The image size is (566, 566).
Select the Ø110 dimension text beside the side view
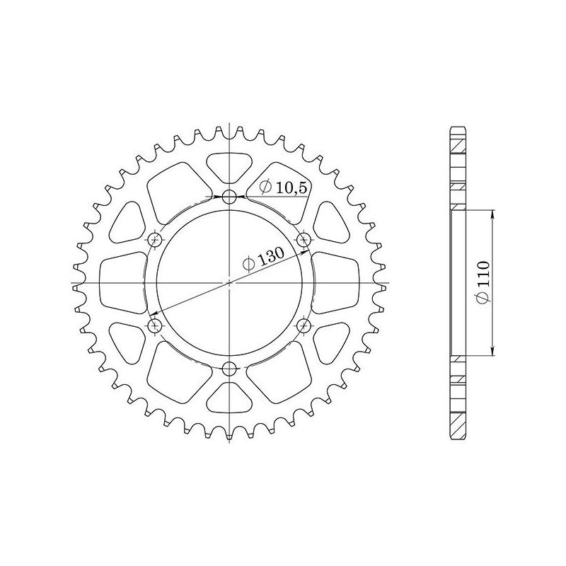483,283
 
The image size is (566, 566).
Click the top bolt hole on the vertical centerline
229,197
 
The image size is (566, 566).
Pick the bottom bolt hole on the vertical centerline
229,369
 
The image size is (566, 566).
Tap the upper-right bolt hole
304,239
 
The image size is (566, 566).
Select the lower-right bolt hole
304,325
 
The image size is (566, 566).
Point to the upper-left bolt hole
155,240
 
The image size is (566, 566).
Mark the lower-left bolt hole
155,325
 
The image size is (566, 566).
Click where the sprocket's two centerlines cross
229,283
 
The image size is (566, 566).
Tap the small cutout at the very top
229,166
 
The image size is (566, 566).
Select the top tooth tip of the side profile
458,128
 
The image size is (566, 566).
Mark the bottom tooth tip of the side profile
458,438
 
